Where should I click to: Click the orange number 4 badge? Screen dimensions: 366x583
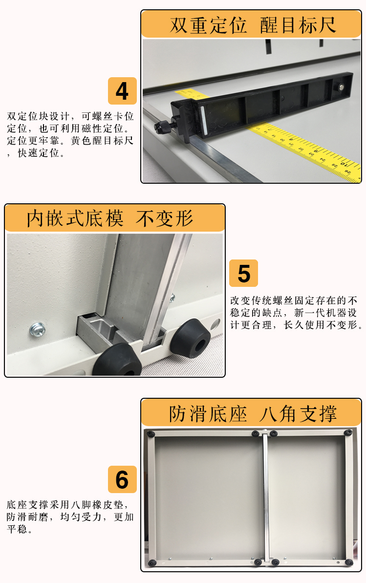click(122, 91)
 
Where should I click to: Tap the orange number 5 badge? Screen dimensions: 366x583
click(244, 273)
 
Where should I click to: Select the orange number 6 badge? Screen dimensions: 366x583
click(122, 479)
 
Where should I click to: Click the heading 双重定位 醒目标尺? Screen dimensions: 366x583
click(253, 25)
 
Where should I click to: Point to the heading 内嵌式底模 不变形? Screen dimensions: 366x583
click(110, 218)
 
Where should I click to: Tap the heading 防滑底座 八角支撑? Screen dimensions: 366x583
click(253, 413)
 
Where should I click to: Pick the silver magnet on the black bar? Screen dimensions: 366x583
click(341, 88)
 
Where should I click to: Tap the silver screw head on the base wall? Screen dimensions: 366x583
click(38, 328)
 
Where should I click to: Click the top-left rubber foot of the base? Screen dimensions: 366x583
click(151, 434)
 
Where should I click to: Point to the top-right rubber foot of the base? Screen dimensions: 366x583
click(348, 433)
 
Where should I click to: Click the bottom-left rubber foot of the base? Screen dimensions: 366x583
click(152, 563)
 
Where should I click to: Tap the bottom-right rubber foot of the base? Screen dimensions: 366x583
click(349, 562)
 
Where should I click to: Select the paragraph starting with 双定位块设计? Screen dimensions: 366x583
click(70, 134)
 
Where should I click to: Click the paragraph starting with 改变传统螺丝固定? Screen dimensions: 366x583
click(296, 313)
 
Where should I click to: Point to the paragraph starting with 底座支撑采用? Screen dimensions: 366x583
click(70, 517)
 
